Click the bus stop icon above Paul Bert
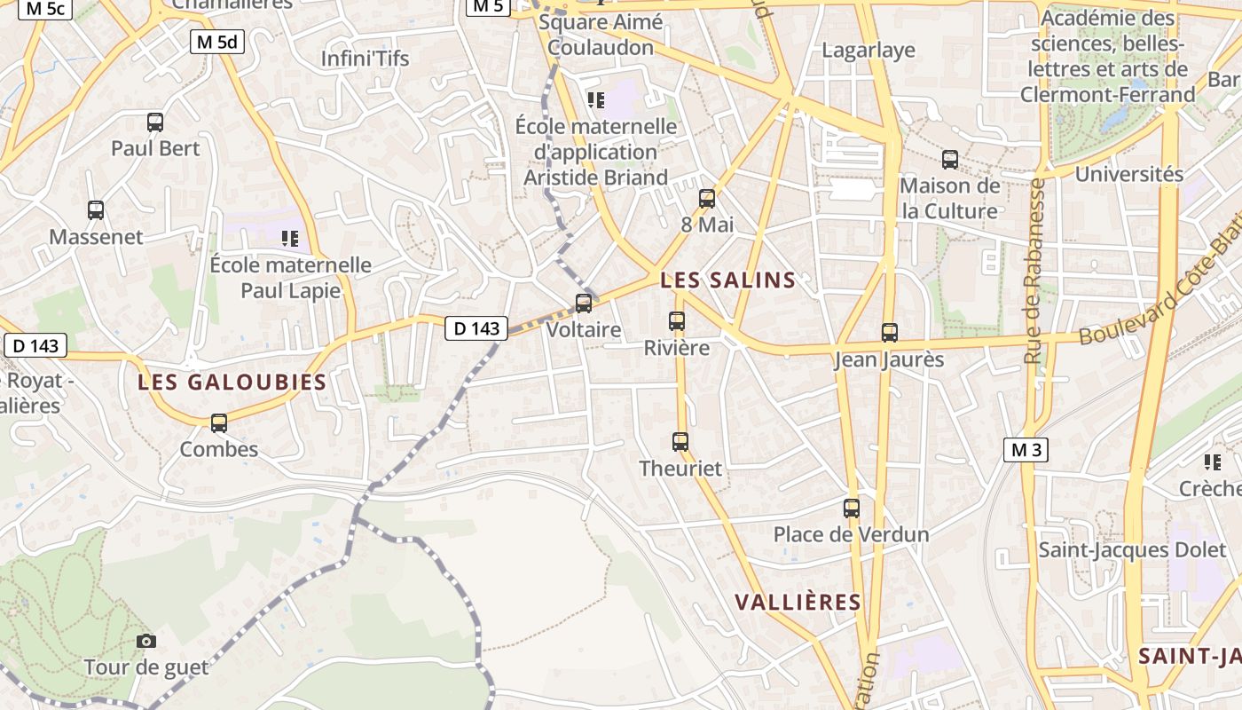[x=155, y=122]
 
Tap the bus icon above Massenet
[x=96, y=210]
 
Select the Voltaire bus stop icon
[x=584, y=304]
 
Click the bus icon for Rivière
[x=677, y=321]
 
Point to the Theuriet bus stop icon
[x=680, y=441]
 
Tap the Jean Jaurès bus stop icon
[x=890, y=333]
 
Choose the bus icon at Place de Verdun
[x=852, y=509]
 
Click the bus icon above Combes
[x=219, y=423]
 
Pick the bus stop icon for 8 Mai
[x=707, y=199]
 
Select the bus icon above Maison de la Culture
[x=950, y=161]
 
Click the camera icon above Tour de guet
[x=146, y=641]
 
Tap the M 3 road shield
[x=1026, y=450]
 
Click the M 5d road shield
[x=217, y=41]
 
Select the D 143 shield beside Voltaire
[x=476, y=328]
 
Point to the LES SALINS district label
[x=728, y=280]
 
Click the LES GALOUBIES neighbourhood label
[x=232, y=383]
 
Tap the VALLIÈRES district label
[x=798, y=602]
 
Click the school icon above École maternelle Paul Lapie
[x=289, y=238]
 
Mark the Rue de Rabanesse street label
[x=1034, y=271]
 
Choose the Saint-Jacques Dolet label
[x=1132, y=550]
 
